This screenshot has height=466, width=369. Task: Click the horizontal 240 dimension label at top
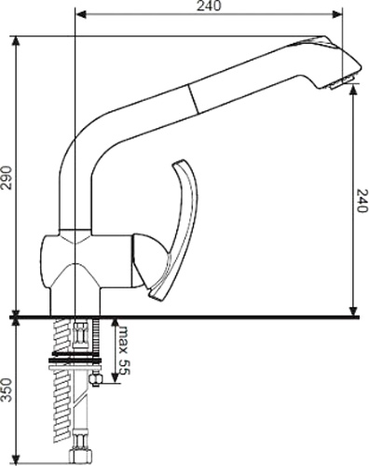pyautogui.click(x=209, y=6)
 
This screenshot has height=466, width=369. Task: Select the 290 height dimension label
pyautogui.click(x=7, y=177)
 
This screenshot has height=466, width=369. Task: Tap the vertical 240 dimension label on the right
pyautogui.click(x=362, y=201)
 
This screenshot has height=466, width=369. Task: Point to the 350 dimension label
pyautogui.click(x=7, y=390)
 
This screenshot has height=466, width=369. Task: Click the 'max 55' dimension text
pyautogui.click(x=123, y=350)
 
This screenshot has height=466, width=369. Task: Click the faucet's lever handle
pyautogui.click(x=173, y=231)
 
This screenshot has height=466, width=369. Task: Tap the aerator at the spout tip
pyautogui.click(x=341, y=82)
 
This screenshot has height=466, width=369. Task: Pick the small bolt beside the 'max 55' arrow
pyautogui.click(x=96, y=378)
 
